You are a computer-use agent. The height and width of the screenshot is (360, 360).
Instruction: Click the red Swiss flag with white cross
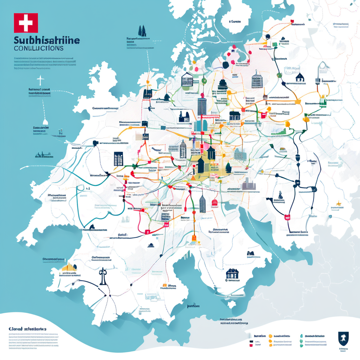[x=26, y=23]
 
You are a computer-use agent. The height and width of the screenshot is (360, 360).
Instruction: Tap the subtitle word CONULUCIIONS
[x=39, y=48]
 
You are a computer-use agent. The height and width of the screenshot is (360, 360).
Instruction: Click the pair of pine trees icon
[x=142, y=31]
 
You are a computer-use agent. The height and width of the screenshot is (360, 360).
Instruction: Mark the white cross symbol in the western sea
[x=40, y=81]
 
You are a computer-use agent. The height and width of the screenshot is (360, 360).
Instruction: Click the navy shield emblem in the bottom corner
[x=342, y=338]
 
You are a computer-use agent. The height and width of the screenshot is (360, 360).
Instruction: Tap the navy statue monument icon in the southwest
[x=103, y=276]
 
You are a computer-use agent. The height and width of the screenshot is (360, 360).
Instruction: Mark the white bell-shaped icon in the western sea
[x=45, y=121]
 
